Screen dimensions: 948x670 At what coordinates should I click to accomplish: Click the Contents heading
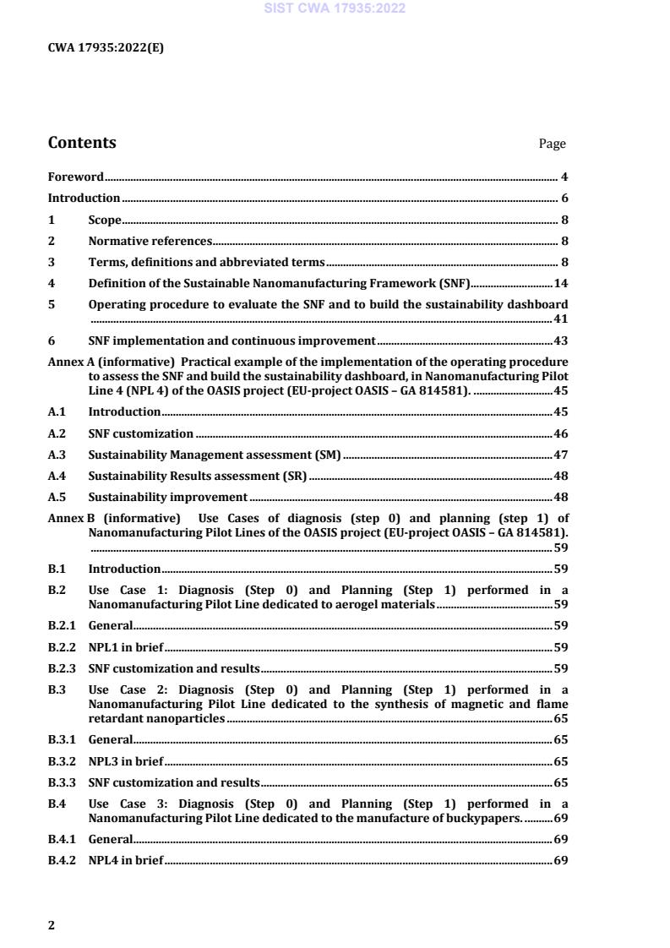point(82,143)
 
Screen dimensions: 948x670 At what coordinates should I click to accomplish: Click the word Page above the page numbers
point(552,144)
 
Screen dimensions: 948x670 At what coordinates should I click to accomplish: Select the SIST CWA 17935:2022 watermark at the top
point(335,8)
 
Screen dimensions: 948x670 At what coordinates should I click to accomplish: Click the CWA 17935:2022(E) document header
point(106,48)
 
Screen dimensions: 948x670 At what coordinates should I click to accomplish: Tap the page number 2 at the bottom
point(51,925)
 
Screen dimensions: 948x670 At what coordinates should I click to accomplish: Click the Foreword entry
point(75,177)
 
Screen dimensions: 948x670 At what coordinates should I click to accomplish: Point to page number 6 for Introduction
point(564,199)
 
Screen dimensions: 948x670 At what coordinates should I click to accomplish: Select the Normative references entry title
point(150,242)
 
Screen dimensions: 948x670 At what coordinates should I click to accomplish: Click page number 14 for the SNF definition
point(560,284)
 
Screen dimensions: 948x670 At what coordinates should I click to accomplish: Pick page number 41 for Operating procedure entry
point(560,319)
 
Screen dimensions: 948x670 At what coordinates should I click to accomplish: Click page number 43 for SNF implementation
point(560,341)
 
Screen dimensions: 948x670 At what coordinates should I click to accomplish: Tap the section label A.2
point(57,434)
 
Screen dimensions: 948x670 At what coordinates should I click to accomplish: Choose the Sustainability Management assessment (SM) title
point(215,455)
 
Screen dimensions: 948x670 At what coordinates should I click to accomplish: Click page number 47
point(560,455)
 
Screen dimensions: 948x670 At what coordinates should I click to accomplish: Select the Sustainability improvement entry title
point(167,498)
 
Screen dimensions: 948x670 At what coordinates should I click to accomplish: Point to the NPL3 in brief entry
point(126,761)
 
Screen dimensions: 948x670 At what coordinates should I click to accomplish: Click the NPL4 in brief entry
point(126,861)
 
